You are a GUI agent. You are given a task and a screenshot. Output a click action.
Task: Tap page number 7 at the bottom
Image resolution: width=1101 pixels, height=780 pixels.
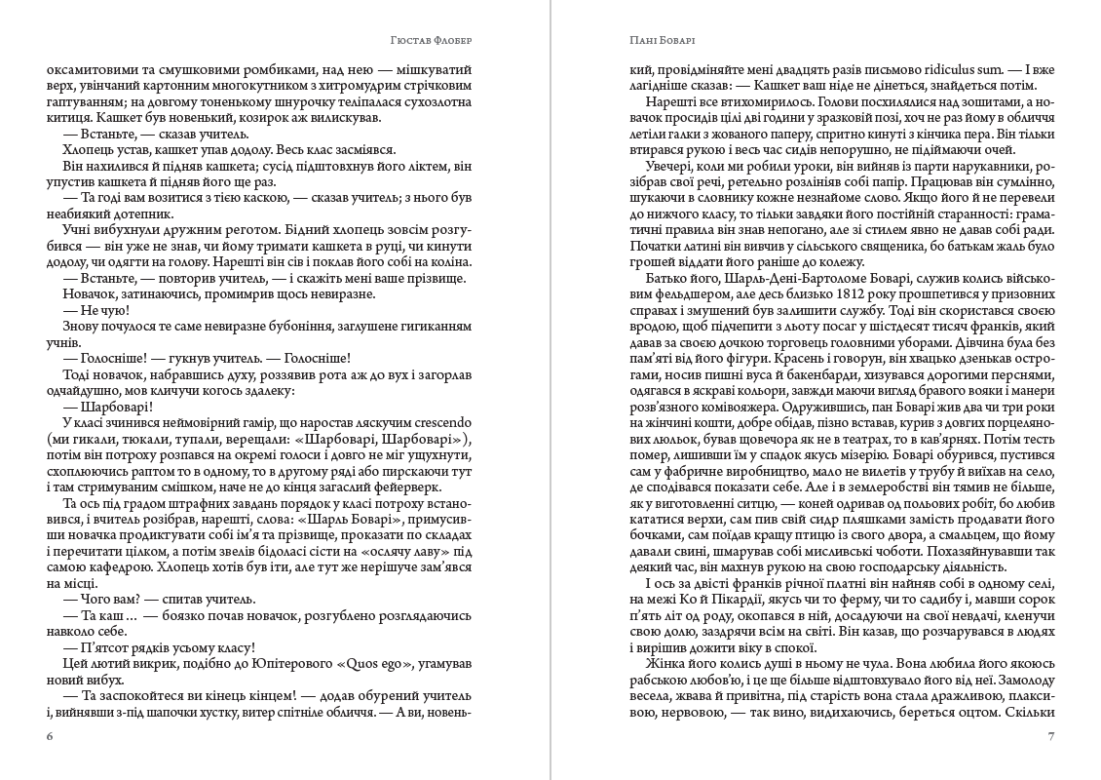[1050, 736]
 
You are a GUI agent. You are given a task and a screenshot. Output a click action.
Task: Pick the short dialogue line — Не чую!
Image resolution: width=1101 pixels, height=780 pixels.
[90, 308]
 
